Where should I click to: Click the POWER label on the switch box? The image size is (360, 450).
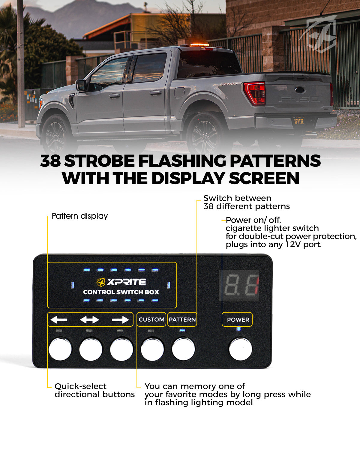(x=238, y=319)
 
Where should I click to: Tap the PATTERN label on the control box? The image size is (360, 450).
(x=182, y=319)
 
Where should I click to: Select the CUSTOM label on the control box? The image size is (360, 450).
(x=151, y=319)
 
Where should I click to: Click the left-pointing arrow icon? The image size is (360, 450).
(x=59, y=319)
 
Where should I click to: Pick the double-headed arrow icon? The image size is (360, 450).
(x=89, y=319)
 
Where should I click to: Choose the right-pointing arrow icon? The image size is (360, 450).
(x=120, y=319)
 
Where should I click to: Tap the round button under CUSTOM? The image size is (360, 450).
(x=152, y=349)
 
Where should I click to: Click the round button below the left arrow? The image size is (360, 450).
(x=60, y=349)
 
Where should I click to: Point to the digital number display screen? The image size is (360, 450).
(x=239, y=285)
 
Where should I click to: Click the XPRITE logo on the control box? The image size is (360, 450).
(x=121, y=282)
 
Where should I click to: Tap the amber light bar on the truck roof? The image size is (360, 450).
(x=199, y=44)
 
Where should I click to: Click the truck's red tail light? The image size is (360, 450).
(x=254, y=93)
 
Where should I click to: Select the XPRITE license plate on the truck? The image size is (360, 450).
(x=299, y=121)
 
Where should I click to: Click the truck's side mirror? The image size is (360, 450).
(x=81, y=85)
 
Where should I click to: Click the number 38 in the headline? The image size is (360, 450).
(x=50, y=161)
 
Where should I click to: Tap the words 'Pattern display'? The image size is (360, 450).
(x=80, y=216)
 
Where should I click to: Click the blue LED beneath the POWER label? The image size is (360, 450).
(x=238, y=329)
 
